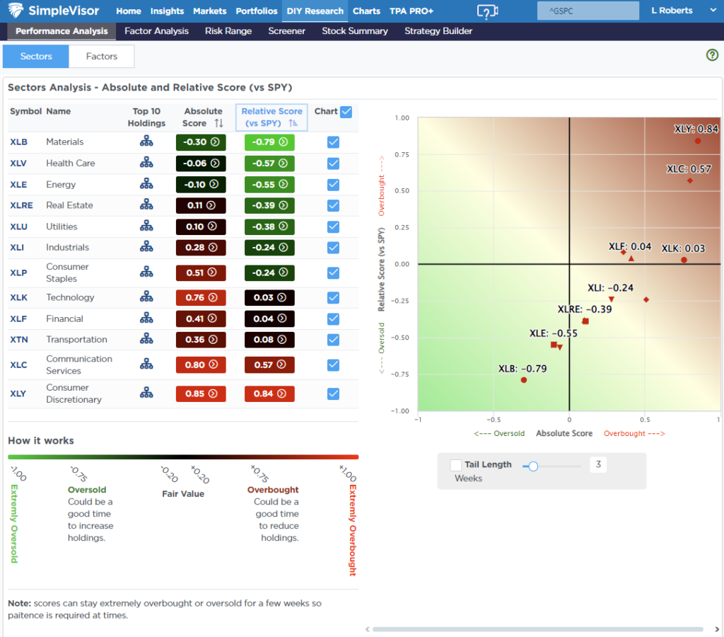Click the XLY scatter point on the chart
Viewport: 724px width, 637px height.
pos(697,141)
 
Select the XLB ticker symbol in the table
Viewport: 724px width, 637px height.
pos(18,142)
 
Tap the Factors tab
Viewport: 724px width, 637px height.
pos(101,57)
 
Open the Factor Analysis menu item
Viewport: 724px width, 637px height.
pos(156,31)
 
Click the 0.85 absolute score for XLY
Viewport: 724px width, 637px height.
pos(201,394)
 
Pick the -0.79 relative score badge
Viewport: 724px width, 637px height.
pos(269,142)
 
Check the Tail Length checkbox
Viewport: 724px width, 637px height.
pos(456,465)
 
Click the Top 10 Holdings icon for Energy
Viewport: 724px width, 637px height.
pos(146,185)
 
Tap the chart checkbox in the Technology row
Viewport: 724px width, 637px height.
pos(334,298)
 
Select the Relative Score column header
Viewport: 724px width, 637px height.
pos(271,117)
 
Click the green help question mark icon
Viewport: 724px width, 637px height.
pos(712,55)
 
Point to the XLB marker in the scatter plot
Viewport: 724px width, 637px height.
pos(524,380)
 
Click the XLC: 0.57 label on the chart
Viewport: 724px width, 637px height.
pos(689,169)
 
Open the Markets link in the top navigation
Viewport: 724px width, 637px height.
pos(210,11)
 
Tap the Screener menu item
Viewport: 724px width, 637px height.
pos(286,31)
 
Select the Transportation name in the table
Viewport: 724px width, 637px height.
pos(76,340)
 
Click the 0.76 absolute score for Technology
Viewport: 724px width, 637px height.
pos(201,298)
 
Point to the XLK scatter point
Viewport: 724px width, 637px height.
pos(684,260)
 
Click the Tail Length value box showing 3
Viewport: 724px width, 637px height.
pos(598,465)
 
